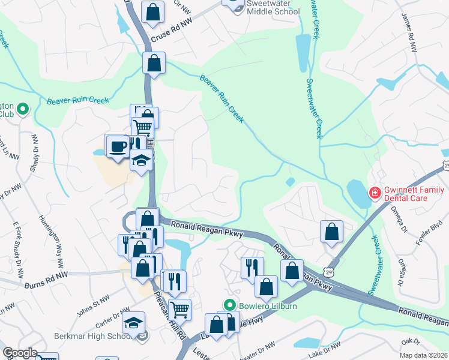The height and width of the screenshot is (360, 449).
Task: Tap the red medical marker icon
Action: pyautogui.click(x=374, y=193)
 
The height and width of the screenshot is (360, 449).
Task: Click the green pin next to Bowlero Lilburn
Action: pyautogui.click(x=228, y=305)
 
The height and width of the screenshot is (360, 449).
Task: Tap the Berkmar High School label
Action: pyautogui.click(x=92, y=336)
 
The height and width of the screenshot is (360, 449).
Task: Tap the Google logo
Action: pyautogui.click(x=20, y=352)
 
